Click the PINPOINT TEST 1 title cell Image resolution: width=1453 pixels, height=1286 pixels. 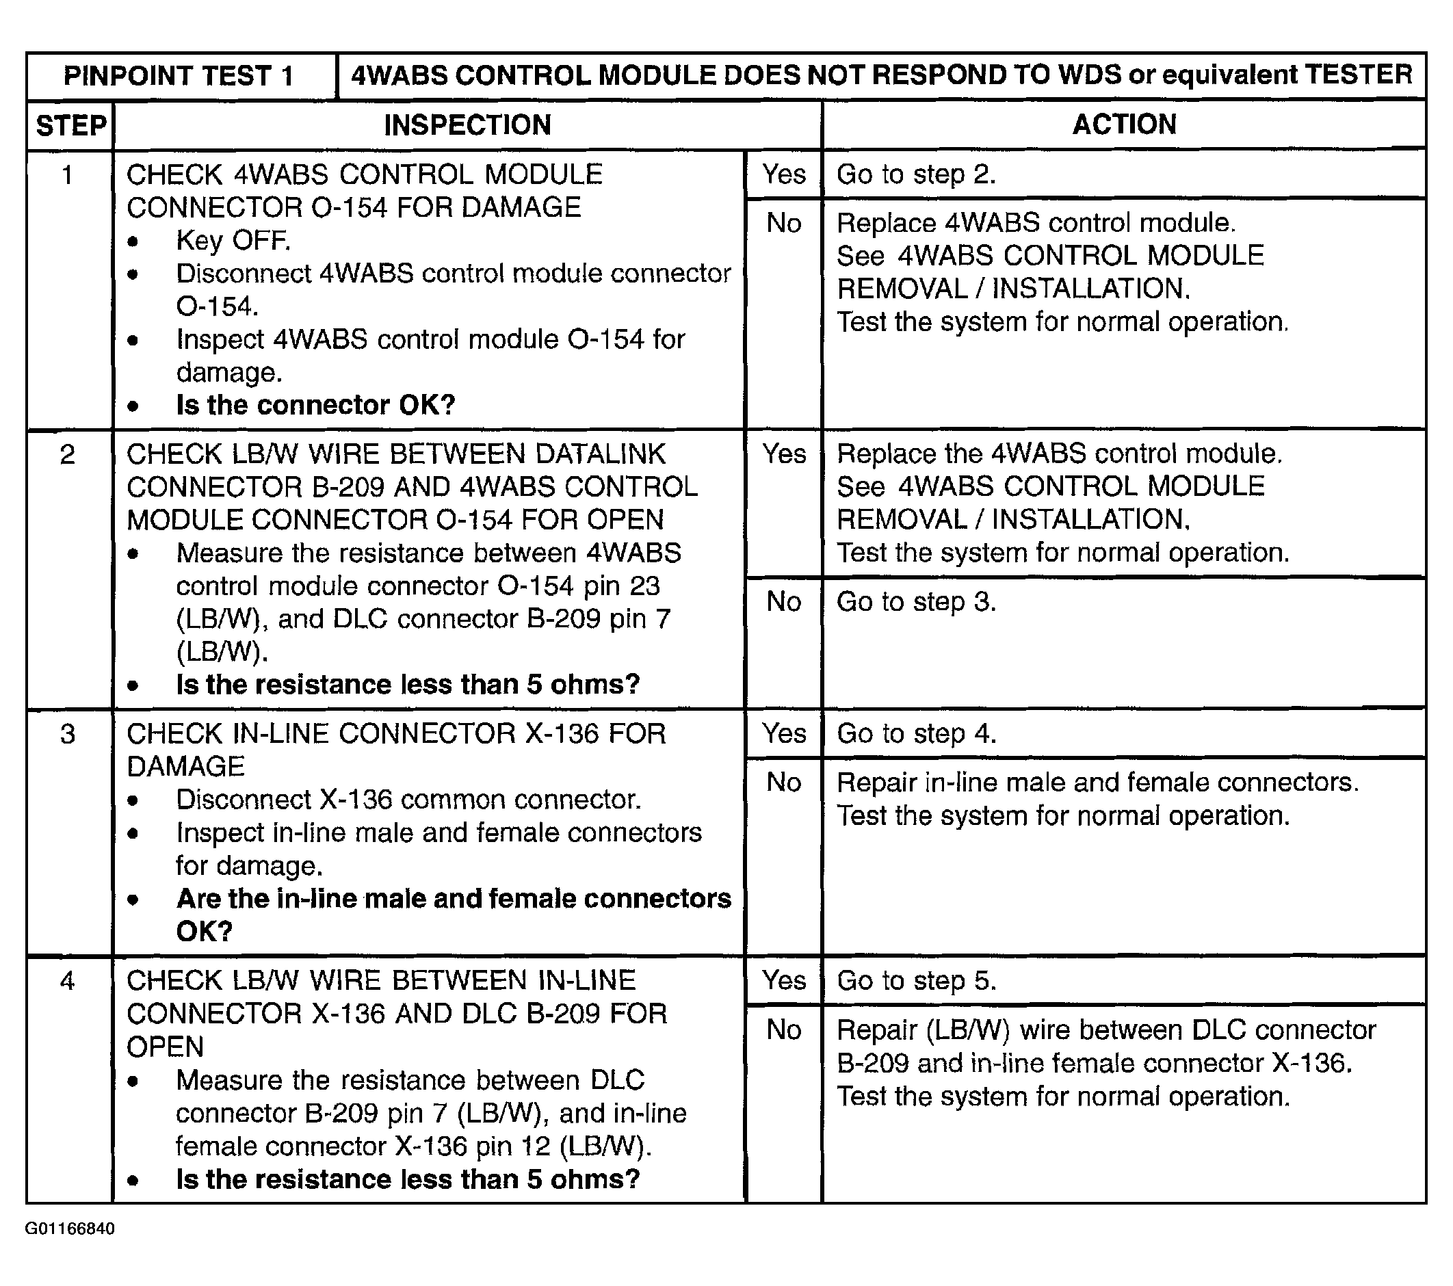179,76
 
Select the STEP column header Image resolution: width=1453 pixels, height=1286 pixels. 71,126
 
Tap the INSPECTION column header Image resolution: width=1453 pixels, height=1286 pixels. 467,125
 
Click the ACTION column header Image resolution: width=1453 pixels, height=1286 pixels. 1124,124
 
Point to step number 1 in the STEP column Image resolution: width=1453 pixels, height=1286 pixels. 68,175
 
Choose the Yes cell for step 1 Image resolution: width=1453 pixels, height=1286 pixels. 784,174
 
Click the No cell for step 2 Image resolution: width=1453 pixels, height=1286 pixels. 783,602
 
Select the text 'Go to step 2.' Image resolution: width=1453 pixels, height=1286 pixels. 915,175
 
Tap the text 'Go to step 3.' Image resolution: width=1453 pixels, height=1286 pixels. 915,602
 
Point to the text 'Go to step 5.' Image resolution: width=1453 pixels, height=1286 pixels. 915,981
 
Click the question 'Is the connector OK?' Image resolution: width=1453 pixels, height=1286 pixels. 315,405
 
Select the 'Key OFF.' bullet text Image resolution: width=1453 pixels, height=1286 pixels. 233,241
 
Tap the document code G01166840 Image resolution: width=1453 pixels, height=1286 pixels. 70,1229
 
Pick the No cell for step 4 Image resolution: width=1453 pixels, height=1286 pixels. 783,1030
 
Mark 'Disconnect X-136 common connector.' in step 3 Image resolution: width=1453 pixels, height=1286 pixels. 409,800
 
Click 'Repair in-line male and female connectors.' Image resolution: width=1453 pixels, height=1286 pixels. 1097,783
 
